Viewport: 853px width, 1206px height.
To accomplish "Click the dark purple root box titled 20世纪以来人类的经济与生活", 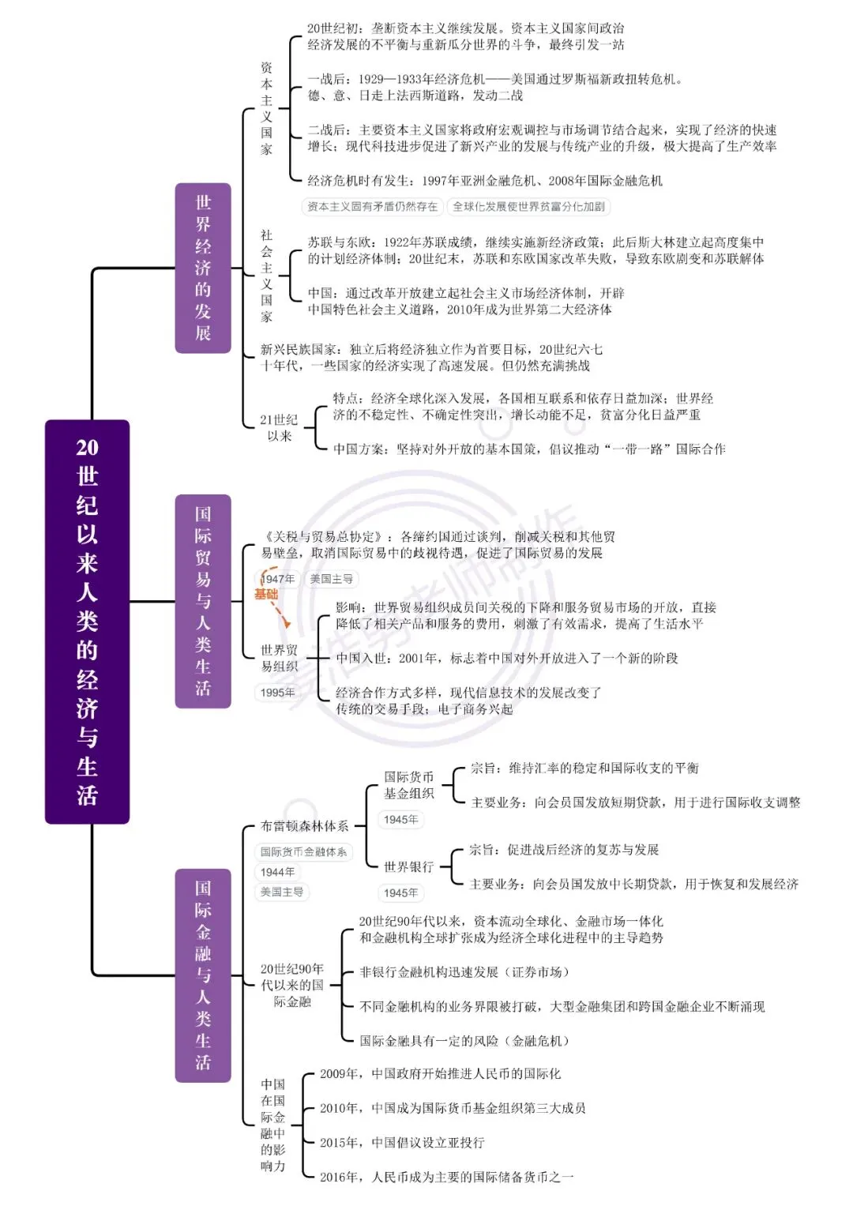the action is [x=87, y=622].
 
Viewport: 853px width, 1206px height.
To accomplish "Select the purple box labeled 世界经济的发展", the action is [x=203, y=268].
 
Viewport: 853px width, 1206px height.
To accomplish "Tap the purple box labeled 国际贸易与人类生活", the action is [x=203, y=601].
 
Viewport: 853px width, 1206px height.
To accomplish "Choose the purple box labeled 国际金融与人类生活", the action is [x=203, y=975].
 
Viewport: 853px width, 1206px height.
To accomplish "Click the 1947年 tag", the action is [x=278, y=579].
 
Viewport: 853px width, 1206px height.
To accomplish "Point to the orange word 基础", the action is [x=266, y=594].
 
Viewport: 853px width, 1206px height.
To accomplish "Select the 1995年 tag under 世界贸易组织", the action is [x=278, y=693].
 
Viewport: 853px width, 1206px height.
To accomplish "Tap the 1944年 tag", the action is [x=278, y=872].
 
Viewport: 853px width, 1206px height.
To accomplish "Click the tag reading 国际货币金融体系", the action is [x=304, y=851].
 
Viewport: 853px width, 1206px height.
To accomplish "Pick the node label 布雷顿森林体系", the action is [x=305, y=826].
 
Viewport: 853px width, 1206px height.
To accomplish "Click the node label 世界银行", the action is [x=409, y=867].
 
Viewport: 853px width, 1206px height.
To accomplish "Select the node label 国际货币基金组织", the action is [x=409, y=785].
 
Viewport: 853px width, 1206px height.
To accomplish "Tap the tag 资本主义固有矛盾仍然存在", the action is [x=373, y=207].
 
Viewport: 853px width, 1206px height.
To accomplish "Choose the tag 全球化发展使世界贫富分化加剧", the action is [x=529, y=207].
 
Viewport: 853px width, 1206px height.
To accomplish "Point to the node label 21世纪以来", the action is [x=279, y=428].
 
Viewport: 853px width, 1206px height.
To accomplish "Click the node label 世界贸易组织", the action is [x=280, y=658].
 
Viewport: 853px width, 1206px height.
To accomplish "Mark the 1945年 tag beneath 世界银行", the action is [x=401, y=892].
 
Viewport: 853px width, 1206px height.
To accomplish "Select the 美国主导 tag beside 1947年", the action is [x=332, y=579].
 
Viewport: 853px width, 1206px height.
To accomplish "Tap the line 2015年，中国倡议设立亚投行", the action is [x=402, y=1143].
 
